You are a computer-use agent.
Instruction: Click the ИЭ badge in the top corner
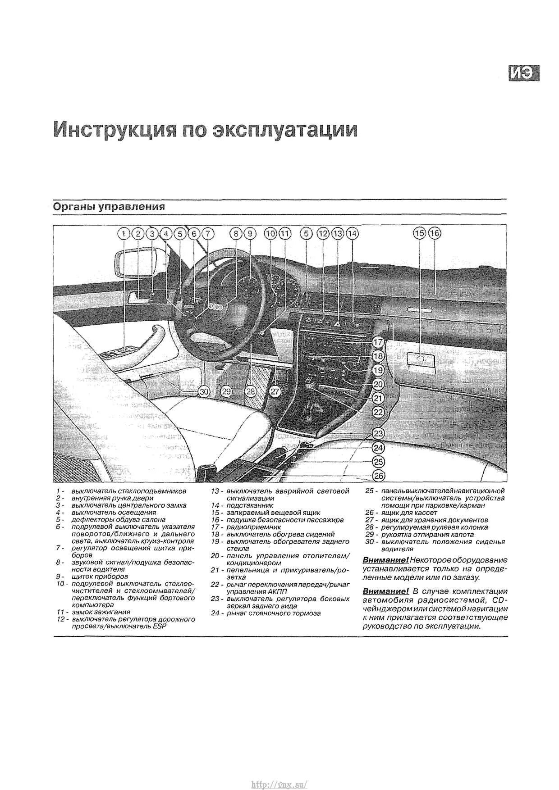point(524,73)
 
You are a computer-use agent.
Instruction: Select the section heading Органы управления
point(109,207)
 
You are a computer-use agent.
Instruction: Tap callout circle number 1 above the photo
point(124,233)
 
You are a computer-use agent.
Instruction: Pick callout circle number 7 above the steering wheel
point(207,233)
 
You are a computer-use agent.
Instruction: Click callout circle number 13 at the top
point(337,233)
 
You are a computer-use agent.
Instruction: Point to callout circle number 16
point(435,233)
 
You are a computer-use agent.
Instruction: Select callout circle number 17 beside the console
point(378,342)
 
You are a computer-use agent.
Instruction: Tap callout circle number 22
point(378,412)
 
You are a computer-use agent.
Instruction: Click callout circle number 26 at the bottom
point(379,476)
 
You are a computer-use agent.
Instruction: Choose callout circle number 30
point(204,392)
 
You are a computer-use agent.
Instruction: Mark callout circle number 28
point(251,392)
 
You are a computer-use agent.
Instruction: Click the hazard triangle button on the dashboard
point(337,323)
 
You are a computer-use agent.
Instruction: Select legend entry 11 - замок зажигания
point(101,612)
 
